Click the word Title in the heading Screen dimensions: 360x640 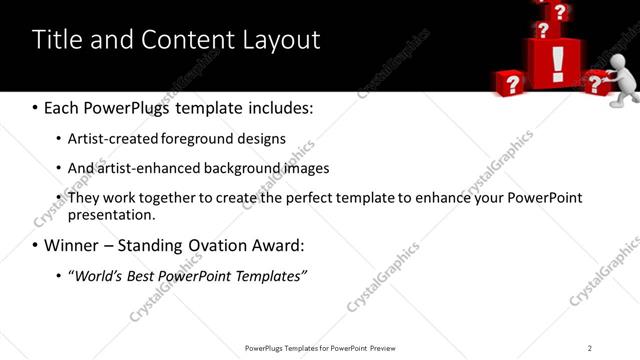point(56,40)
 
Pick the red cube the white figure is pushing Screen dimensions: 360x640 point(596,82)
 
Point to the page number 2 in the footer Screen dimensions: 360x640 point(590,348)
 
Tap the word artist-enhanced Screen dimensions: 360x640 point(143,168)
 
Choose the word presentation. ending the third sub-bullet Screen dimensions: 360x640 point(111,214)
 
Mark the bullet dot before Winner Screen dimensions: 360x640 point(36,245)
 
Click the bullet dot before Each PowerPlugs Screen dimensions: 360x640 point(36,107)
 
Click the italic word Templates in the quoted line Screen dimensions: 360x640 point(268,275)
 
